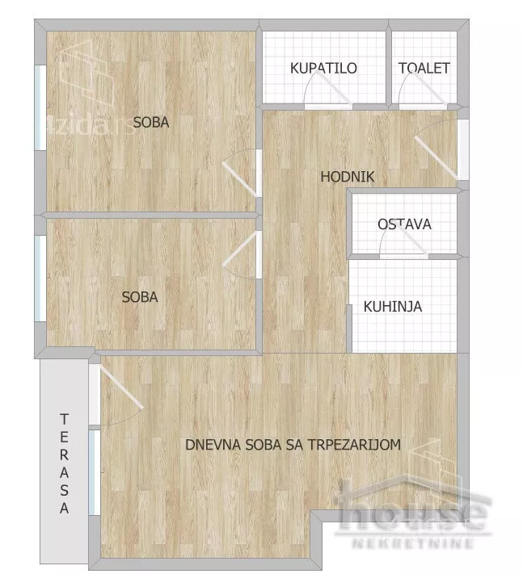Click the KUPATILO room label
coord(323,69)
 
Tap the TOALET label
coord(424,69)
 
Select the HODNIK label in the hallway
coord(348,178)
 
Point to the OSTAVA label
coord(404,224)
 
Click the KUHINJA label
coord(393,307)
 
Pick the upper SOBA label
coord(151,124)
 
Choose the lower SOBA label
coord(140,297)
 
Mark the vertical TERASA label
coord(64,463)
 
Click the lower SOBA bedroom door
coord(241,257)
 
